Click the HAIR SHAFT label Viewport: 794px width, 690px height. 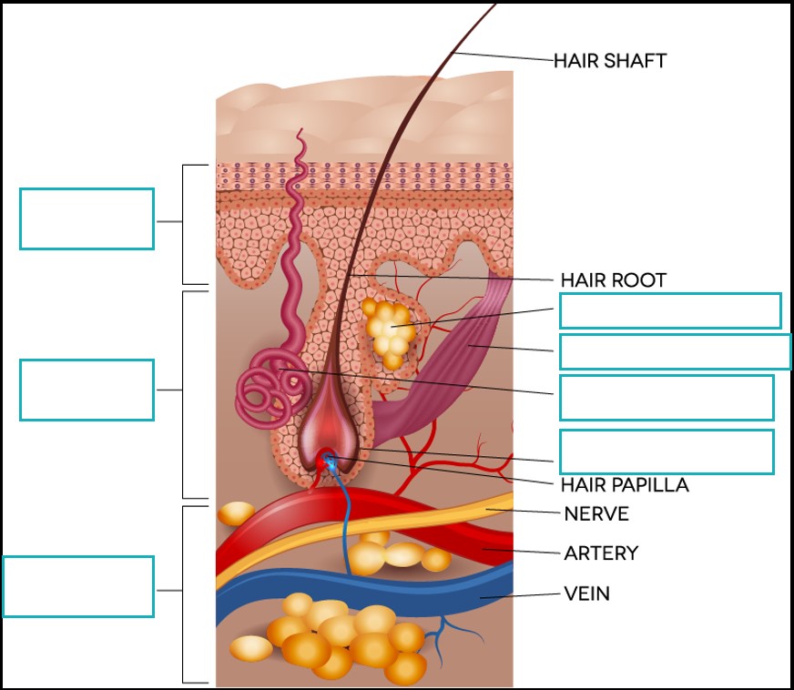pos(610,61)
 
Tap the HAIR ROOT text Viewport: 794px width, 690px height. pos(613,280)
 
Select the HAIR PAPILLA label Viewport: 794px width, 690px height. pos(625,485)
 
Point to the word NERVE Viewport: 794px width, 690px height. pos(596,514)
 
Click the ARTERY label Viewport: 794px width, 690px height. pos(601,553)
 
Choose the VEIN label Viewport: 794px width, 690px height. pos(586,594)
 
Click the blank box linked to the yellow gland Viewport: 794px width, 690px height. pos(669,310)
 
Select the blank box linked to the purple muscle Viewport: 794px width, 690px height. pos(674,351)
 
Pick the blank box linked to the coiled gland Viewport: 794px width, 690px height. pos(666,398)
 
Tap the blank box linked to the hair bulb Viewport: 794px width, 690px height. pos(666,452)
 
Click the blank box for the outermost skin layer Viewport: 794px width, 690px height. pos(87,218)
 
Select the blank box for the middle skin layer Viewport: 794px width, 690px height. pos(87,390)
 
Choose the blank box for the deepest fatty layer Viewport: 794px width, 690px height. pos(78,586)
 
